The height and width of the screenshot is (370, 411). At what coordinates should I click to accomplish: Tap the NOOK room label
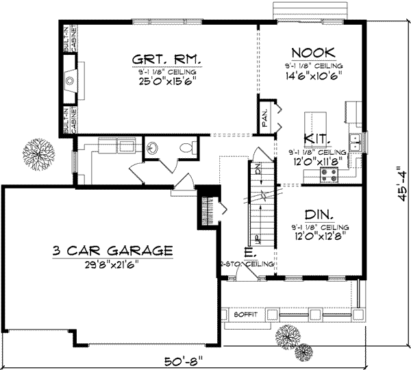312,53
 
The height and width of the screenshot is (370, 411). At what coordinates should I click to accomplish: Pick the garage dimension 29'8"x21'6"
111,264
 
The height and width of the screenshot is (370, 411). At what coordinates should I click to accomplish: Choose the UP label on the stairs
258,238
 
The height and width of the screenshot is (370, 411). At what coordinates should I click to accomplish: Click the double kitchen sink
356,141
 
